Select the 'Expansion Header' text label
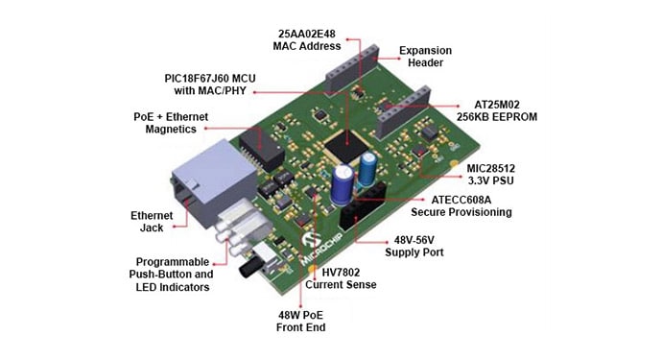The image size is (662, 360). [x=424, y=58]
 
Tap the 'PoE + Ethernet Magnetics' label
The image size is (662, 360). [x=173, y=122]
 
